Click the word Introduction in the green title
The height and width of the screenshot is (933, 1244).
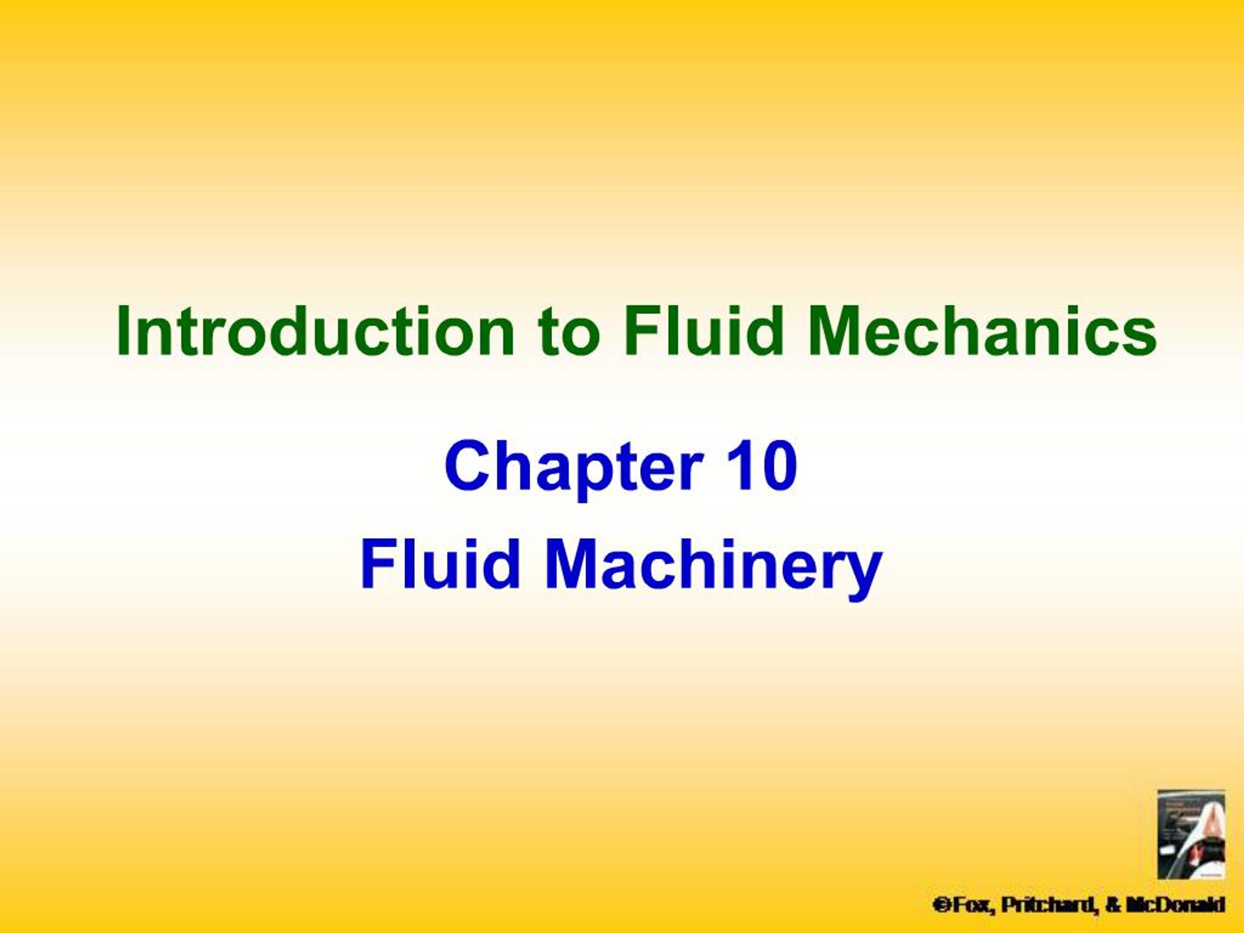coord(315,332)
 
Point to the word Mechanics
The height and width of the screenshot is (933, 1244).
coord(982,332)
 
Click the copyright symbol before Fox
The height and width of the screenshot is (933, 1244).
coord(939,905)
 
